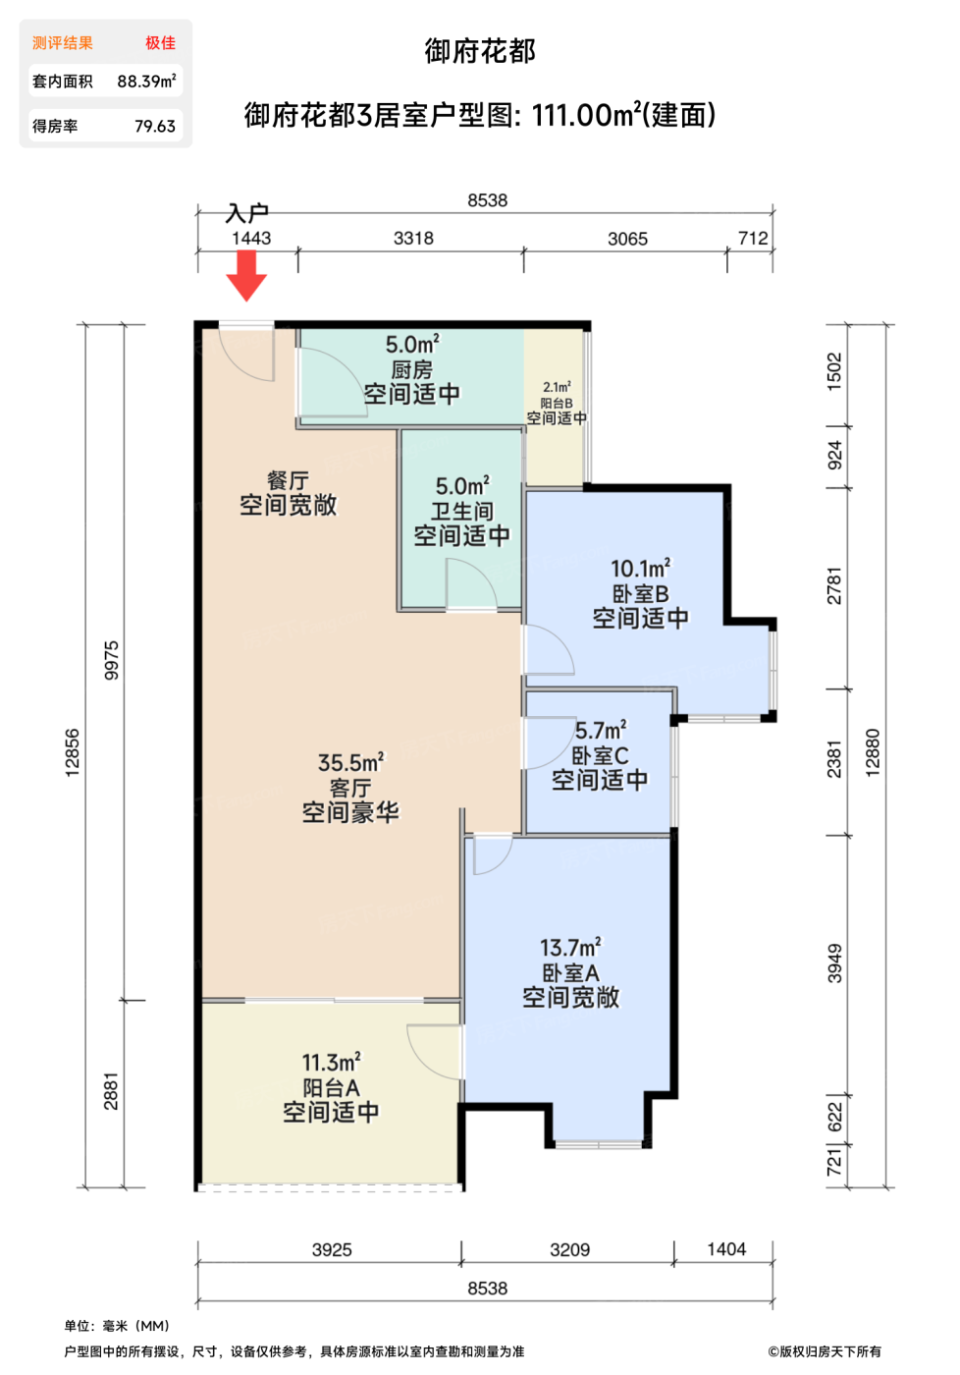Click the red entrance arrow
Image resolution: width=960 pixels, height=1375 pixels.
[246, 276]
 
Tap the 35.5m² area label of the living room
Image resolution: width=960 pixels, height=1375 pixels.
[350, 763]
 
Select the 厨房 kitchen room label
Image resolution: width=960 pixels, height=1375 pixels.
[411, 370]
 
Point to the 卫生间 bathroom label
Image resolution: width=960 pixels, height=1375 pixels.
[462, 512]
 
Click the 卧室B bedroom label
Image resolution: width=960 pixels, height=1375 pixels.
[640, 593]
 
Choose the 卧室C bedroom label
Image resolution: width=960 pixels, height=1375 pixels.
[600, 755]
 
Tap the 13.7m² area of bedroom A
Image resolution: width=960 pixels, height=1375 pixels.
[570, 948]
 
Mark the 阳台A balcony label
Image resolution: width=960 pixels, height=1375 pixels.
[331, 1088]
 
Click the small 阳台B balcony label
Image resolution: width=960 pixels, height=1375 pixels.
[557, 404]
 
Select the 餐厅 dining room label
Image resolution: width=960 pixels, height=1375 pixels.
[288, 480]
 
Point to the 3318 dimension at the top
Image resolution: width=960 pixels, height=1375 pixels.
[413, 238]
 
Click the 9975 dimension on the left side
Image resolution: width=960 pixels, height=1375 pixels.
[111, 660]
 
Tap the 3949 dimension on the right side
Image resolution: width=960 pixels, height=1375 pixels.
[834, 963]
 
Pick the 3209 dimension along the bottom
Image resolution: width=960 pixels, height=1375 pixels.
[570, 1249]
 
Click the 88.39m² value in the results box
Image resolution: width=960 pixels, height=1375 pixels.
[146, 81]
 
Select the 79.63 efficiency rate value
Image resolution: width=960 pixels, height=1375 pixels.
[155, 127]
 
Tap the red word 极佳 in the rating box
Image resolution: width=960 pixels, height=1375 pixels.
[160, 43]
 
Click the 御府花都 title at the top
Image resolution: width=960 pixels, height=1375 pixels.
[480, 51]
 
